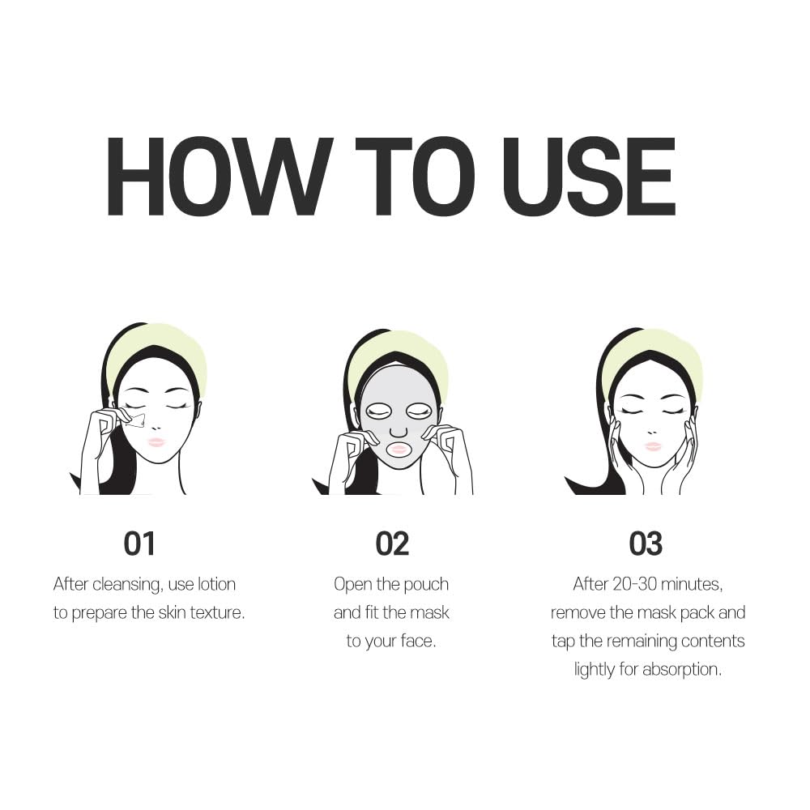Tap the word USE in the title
(x=588, y=177)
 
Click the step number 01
(x=139, y=544)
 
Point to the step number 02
(x=392, y=544)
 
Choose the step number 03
(x=646, y=544)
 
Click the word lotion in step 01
(x=216, y=584)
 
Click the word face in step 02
(x=416, y=641)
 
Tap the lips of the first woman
(x=156, y=442)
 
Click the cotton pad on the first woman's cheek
(x=136, y=420)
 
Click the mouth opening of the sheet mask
(x=399, y=449)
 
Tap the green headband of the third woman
(x=652, y=352)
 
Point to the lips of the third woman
(x=653, y=446)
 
